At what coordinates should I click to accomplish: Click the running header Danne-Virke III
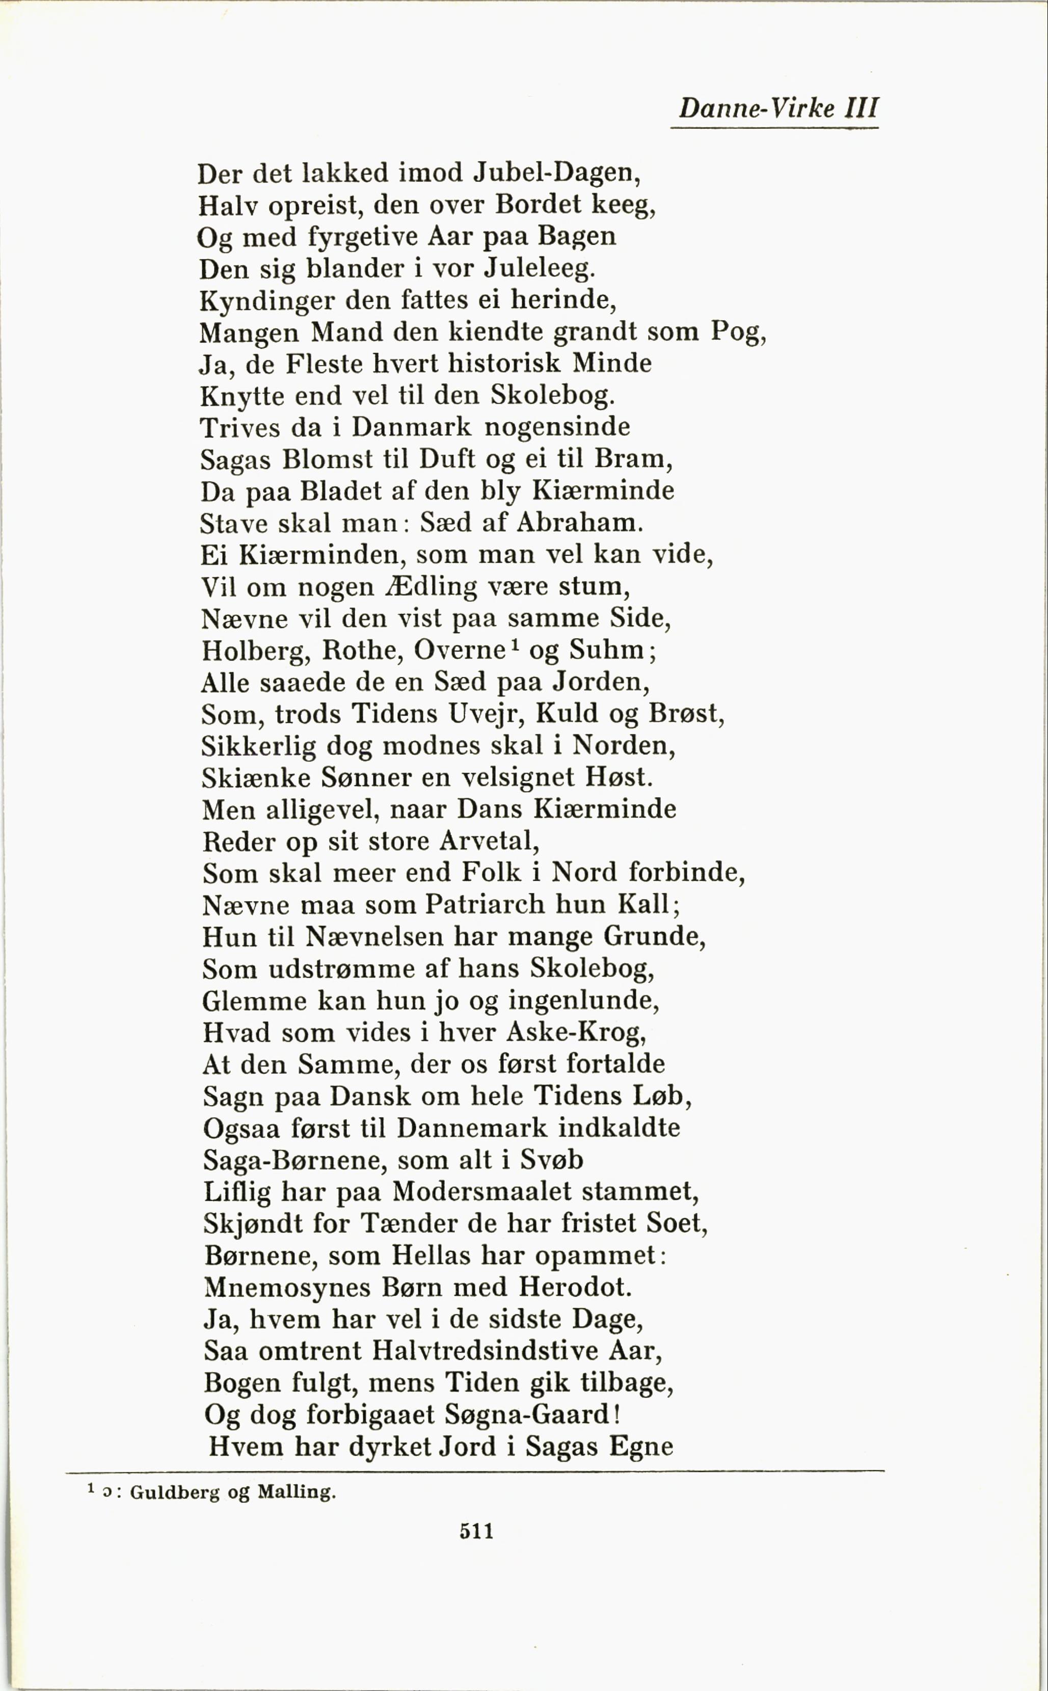[777, 109]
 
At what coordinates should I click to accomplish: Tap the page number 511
[476, 1530]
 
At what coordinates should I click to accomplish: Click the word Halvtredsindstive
[485, 1351]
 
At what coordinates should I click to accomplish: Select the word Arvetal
[489, 841]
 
